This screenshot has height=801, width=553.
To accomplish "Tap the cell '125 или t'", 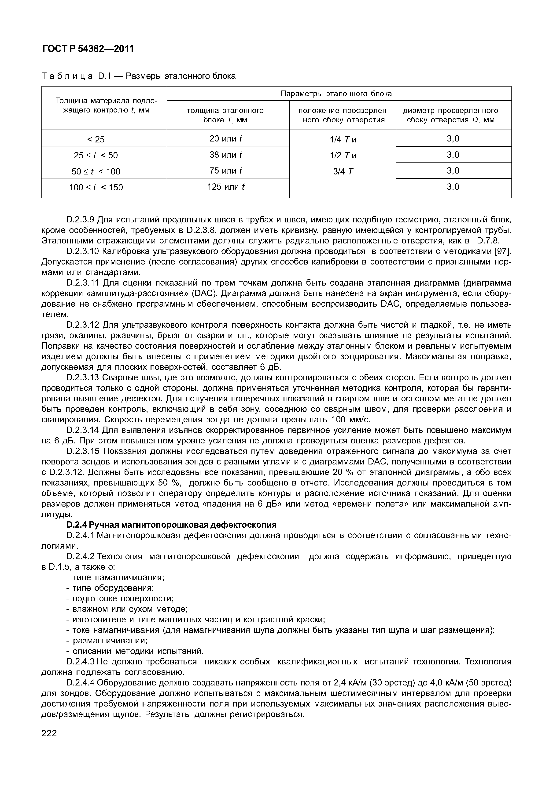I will pos(225,187).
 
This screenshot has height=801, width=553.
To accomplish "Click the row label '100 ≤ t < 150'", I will pos(96,188).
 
